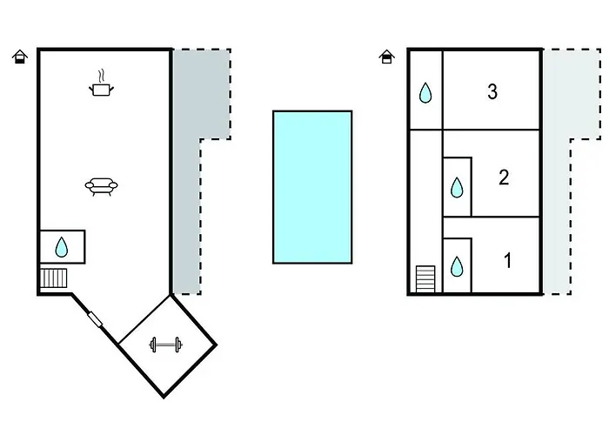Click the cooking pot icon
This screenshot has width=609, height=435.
click(102, 90)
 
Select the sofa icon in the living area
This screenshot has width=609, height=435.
click(102, 186)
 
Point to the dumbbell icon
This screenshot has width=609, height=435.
click(166, 345)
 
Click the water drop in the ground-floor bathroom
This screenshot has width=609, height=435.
click(62, 247)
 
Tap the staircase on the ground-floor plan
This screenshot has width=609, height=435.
click(54, 278)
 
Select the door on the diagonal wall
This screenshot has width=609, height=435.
click(95, 319)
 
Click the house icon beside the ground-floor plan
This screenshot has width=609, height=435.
click(20, 57)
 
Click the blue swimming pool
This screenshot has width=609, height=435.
click(312, 187)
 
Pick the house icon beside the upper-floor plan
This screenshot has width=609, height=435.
click(386, 57)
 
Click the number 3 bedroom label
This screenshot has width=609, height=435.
click(492, 92)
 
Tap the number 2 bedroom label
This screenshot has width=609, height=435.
click(504, 177)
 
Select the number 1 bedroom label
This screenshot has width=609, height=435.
click(507, 260)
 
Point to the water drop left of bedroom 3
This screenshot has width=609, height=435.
click(425, 92)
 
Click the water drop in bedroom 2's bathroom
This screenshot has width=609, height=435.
click(457, 187)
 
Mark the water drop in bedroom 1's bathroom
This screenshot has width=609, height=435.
click(457, 266)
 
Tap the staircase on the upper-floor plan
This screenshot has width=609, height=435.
click(425, 279)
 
